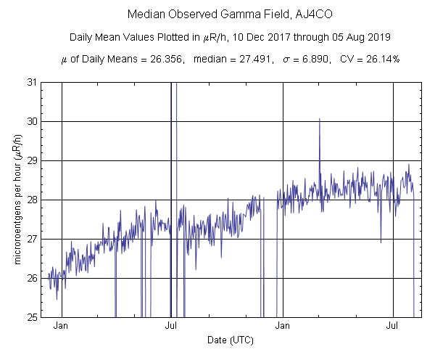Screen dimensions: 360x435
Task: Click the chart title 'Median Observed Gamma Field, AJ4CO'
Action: click(217, 15)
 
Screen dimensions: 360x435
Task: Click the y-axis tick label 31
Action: click(33, 82)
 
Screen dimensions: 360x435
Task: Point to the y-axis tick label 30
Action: click(33, 121)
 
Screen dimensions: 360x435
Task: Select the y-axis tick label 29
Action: click(33, 160)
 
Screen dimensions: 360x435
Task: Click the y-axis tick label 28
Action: click(33, 200)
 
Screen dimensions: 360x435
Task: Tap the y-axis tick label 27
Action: click(33, 239)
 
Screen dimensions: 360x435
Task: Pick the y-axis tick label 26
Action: click(33, 278)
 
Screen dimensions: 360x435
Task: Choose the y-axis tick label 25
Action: click(33, 317)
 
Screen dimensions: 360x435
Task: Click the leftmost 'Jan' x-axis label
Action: click(62, 327)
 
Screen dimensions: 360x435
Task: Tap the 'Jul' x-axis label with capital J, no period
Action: click(172, 327)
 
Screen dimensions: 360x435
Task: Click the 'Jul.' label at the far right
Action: click(394, 327)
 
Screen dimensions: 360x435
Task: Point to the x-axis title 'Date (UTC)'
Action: click(231, 340)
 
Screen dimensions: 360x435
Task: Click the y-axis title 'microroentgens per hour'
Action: click(14, 200)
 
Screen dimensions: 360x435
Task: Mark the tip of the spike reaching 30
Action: click(319, 118)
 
